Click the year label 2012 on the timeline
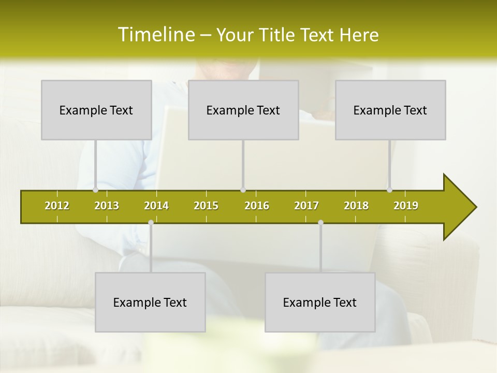point(57,206)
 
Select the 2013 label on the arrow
point(107,206)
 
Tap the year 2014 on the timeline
point(156,206)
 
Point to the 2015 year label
point(206,206)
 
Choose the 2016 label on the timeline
point(257,206)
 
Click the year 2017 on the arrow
point(306,206)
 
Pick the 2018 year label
point(356,206)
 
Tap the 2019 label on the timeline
point(406,206)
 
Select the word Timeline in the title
point(155,35)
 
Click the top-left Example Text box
point(96,110)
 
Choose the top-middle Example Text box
point(243,110)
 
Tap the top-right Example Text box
point(390,110)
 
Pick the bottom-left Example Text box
point(150,302)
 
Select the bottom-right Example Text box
point(320,302)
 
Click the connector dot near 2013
point(96,190)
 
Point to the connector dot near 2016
point(243,190)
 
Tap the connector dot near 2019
point(389,190)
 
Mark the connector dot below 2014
point(151,223)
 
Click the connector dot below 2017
point(320,223)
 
